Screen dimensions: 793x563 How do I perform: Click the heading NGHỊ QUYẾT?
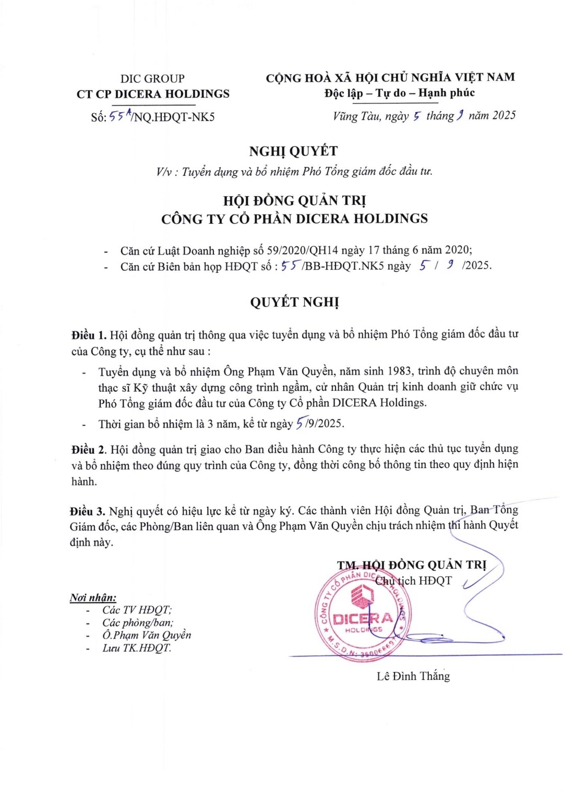pyautogui.click(x=293, y=151)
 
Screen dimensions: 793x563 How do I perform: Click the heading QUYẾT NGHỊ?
pyautogui.click(x=294, y=303)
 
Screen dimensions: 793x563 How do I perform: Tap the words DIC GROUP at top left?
pyautogui.click(x=152, y=79)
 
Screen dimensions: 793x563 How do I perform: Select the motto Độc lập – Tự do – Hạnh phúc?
pyautogui.click(x=399, y=93)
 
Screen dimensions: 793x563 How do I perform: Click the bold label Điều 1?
pyautogui.click(x=89, y=335)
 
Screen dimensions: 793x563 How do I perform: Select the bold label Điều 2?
pyautogui.click(x=89, y=449)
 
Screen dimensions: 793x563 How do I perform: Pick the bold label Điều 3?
pyautogui.click(x=88, y=511)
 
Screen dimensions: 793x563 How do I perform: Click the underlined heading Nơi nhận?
pyautogui.click(x=93, y=598)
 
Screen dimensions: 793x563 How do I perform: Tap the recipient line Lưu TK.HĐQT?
pyautogui.click(x=137, y=648)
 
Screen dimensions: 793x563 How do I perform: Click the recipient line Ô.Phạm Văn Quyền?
pyautogui.click(x=147, y=635)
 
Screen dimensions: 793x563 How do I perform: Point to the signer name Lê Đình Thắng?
pyautogui.click(x=413, y=676)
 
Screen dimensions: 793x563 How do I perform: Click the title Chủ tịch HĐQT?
pyautogui.click(x=413, y=581)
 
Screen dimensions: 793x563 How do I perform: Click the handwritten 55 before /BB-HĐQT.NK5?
pyautogui.click(x=289, y=266)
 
